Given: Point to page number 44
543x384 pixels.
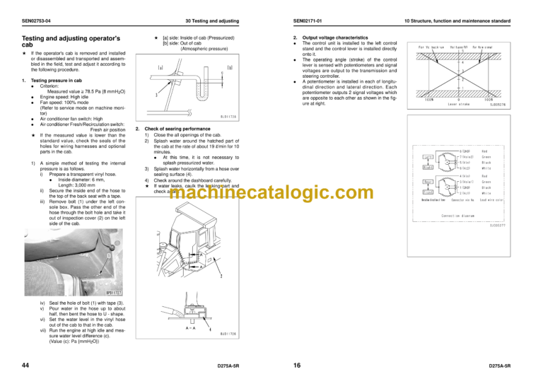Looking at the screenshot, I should pos(27,366).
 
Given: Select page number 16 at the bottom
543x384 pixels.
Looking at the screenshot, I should pos(297,366).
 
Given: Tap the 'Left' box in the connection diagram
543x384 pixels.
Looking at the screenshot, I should pos(428,156).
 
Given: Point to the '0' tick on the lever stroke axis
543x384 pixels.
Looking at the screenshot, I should pos(460,99).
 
